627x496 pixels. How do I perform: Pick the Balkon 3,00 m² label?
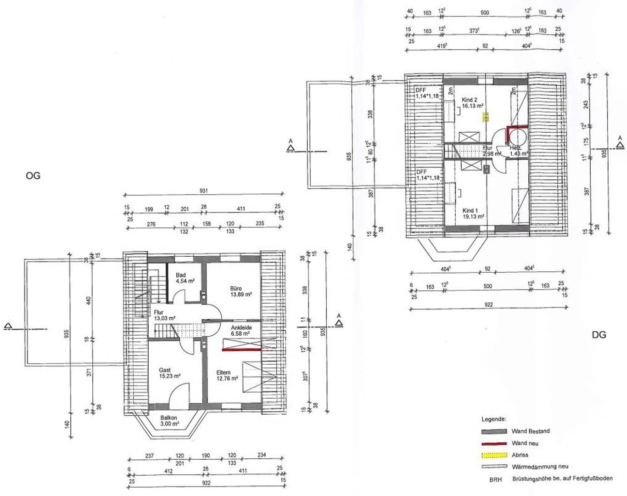pyautogui.click(x=168, y=421)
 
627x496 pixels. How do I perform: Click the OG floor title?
pyautogui.click(x=33, y=175)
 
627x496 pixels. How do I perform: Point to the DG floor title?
pyautogui.click(x=599, y=335)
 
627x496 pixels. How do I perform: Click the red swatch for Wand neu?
pyautogui.click(x=493, y=443)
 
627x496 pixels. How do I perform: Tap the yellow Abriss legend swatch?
pyautogui.click(x=493, y=455)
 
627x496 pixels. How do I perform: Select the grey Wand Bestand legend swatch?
pyautogui.click(x=493, y=431)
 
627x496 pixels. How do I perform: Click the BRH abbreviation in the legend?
pyautogui.click(x=495, y=479)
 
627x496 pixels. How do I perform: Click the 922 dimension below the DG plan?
pyautogui.click(x=487, y=304)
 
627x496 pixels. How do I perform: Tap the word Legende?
pyautogui.click(x=493, y=419)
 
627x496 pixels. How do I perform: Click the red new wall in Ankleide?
pyautogui.click(x=241, y=349)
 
